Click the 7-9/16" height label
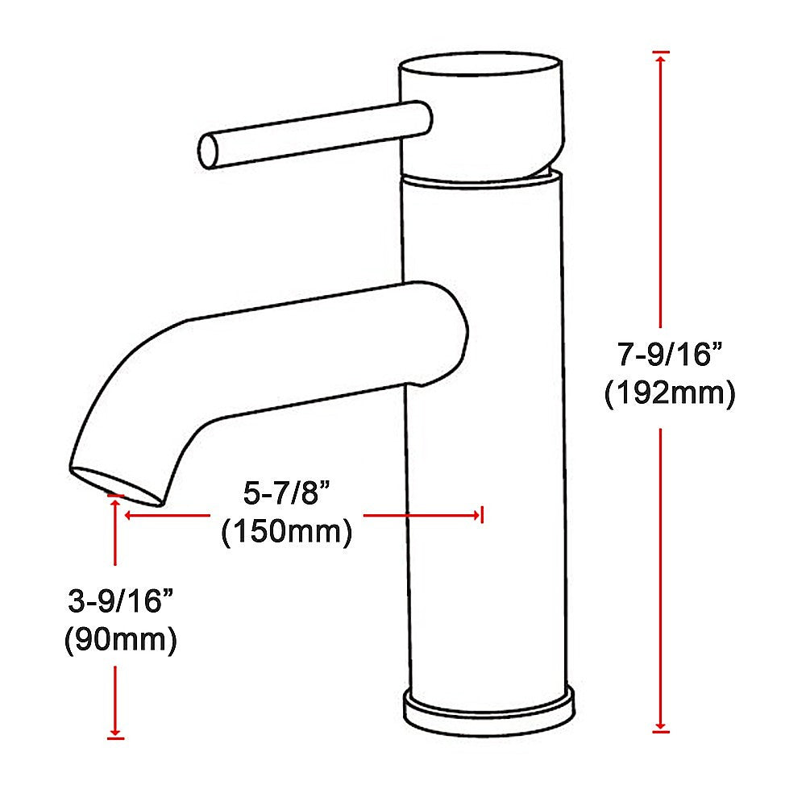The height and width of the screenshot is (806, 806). [x=669, y=354]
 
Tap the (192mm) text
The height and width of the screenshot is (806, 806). [x=669, y=394]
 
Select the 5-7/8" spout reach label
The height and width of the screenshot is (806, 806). [x=286, y=492]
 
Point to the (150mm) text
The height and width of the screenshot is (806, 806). [x=286, y=532]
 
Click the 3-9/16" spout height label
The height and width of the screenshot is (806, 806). [x=120, y=601]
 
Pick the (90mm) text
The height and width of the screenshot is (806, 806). [x=120, y=641]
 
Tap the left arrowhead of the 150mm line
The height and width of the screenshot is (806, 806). [x=127, y=514]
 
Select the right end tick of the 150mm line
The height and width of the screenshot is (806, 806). [x=481, y=514]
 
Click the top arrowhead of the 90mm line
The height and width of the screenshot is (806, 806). [x=116, y=501]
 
